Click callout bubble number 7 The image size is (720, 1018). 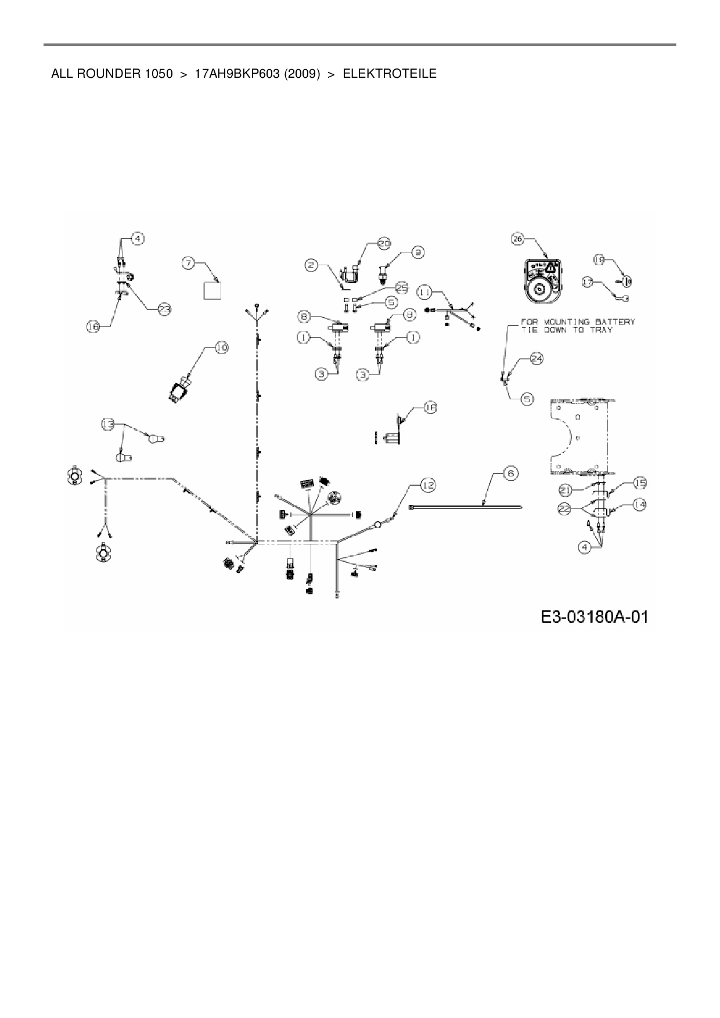point(188,263)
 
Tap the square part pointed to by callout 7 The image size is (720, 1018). point(212,290)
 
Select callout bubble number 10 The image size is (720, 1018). point(221,348)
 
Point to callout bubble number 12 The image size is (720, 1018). point(428,485)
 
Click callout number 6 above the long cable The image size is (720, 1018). point(510,473)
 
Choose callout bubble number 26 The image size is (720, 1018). point(517,238)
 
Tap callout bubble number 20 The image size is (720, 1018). point(384,244)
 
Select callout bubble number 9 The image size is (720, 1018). point(417,252)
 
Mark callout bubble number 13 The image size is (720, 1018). point(108,425)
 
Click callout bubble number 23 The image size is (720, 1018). point(164,309)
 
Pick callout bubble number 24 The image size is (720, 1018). point(536,359)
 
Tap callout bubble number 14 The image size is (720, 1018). point(639,505)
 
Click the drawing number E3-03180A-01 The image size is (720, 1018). point(594,616)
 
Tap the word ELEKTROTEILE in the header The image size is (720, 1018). point(390,74)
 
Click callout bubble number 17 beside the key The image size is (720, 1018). point(588,282)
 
